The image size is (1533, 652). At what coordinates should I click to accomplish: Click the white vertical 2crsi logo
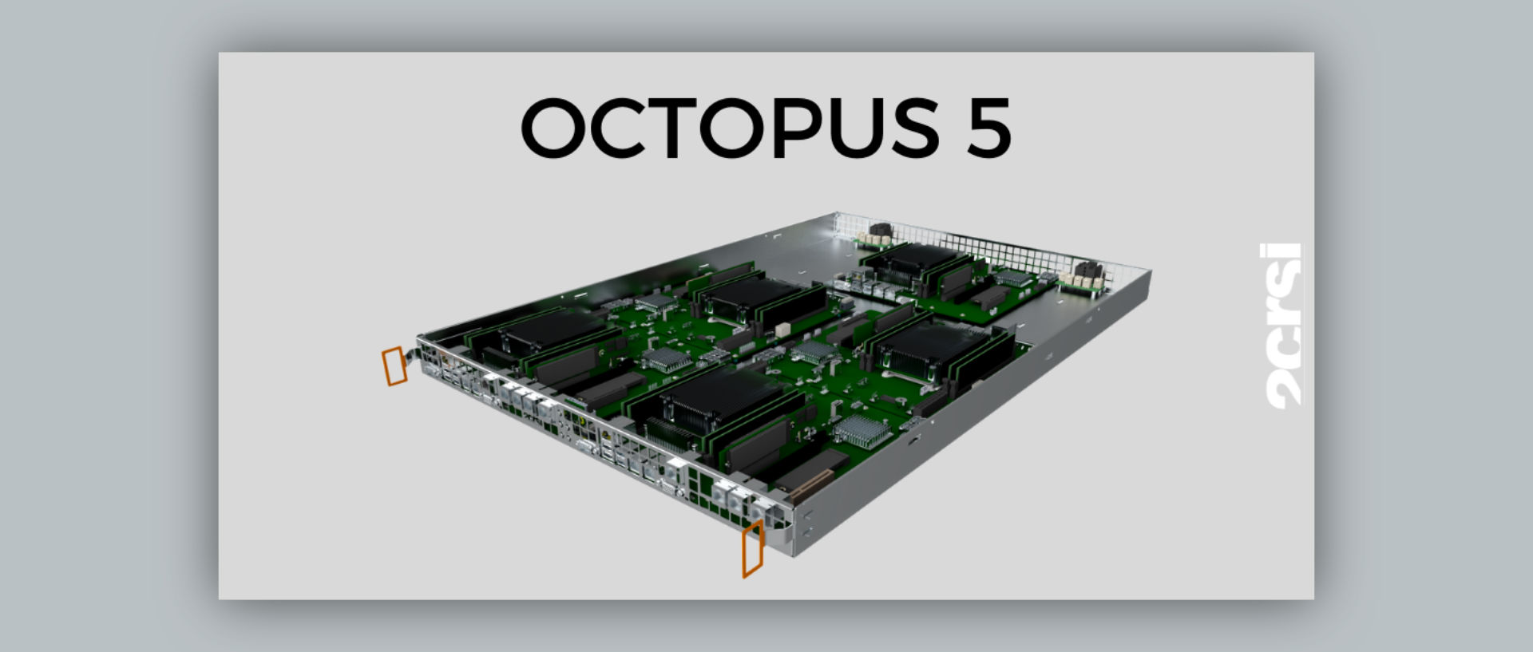[x=1283, y=326]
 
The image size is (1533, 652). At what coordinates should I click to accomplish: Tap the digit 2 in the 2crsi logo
[x=1283, y=391]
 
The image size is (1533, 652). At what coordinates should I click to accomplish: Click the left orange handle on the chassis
[x=394, y=366]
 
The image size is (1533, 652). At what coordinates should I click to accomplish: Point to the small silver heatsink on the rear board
[x=1013, y=277]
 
